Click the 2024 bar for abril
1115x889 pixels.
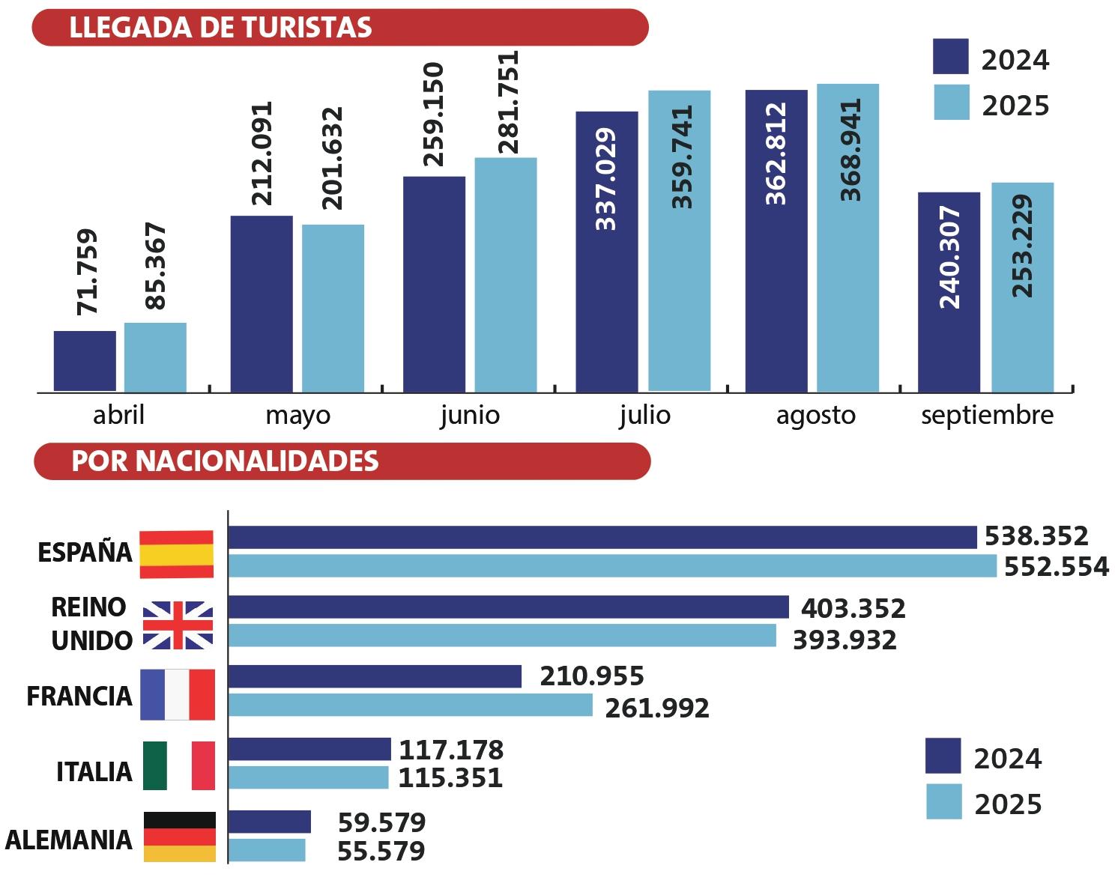point(85,361)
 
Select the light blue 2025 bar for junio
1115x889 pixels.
point(506,274)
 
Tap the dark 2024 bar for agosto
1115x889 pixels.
point(776,240)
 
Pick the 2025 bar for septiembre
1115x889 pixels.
point(1022,287)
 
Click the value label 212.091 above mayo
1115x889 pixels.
point(262,154)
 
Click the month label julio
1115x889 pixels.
point(644,415)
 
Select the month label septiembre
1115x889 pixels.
point(987,415)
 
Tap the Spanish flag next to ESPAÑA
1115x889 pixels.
point(177,554)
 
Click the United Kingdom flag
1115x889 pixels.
point(178,625)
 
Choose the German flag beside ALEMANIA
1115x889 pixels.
point(179,837)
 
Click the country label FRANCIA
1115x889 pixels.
point(79,697)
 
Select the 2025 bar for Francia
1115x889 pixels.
point(410,706)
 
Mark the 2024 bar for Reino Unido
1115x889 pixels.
point(508,607)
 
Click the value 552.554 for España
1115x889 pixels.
point(1056,567)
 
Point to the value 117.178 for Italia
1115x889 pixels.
point(451,750)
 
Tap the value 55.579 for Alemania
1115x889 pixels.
point(381,852)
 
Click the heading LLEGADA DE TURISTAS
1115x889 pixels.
point(220,28)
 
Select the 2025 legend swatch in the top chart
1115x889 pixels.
point(951,103)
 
